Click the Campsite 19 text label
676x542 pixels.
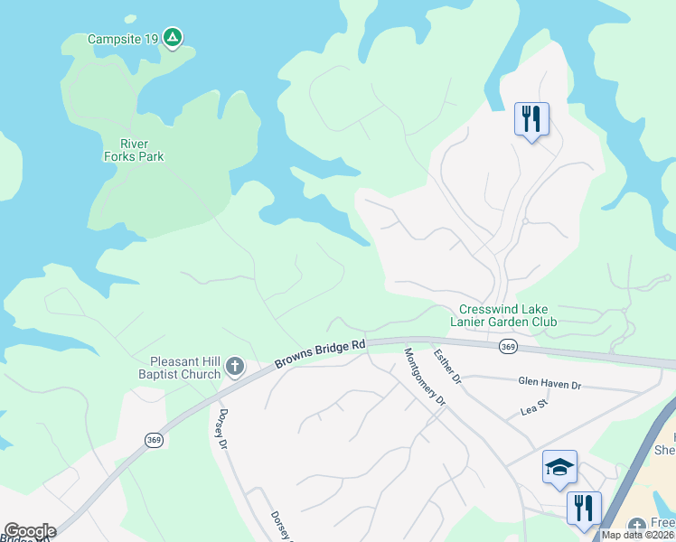(x=123, y=39)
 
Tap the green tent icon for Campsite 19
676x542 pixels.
(x=173, y=38)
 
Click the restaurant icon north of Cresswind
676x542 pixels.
(x=531, y=118)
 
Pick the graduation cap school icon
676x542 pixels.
(x=559, y=466)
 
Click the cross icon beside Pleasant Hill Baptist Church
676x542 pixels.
(x=234, y=366)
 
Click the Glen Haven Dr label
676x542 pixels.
(x=549, y=385)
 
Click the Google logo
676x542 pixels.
(x=30, y=531)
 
